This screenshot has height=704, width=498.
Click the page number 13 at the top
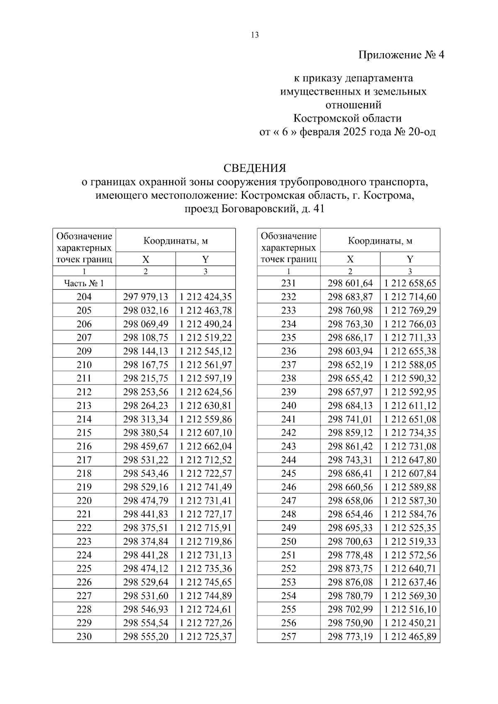255,35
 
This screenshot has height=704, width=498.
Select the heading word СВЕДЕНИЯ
255,168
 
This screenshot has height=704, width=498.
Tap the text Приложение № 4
401,55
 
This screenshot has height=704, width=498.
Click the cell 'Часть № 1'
84,283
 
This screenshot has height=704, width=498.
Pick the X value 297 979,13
146,297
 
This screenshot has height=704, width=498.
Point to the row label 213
84,406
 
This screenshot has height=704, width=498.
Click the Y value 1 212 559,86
205,419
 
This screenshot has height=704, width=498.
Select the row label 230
84,636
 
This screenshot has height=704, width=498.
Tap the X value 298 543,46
146,473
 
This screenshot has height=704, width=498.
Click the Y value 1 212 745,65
205,582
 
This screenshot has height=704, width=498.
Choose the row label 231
288,283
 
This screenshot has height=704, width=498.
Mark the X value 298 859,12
350,433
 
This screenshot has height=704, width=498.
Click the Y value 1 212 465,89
410,636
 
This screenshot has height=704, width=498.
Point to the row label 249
288,528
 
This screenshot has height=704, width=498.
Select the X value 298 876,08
350,582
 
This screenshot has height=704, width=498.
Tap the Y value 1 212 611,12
410,406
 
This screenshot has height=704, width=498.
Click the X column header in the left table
146,259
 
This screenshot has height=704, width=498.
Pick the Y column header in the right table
410,259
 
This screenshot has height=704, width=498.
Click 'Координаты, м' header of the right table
380,241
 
